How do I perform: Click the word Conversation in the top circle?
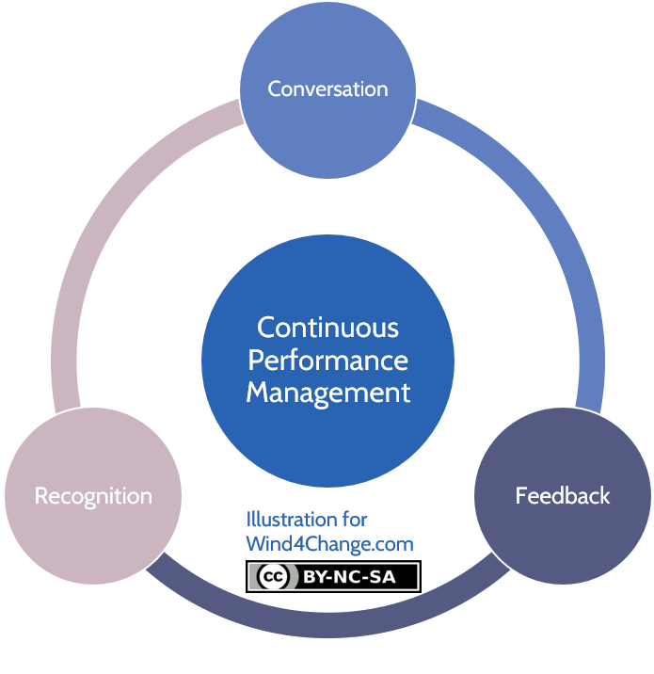(327, 89)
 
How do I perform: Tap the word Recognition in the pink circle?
(93, 496)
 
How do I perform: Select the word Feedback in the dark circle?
(563, 495)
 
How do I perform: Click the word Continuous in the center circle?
(327, 328)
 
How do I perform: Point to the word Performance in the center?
(327, 361)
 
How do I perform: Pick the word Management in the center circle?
(327, 393)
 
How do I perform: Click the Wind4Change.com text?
(329, 544)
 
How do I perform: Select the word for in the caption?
(355, 520)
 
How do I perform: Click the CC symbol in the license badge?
(272, 576)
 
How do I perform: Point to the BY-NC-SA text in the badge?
(349, 577)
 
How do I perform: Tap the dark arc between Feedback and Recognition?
(327, 625)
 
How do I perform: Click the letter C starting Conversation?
(274, 89)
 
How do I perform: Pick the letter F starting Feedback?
(521, 495)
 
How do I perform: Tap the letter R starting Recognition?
(41, 495)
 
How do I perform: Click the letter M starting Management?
(258, 392)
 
